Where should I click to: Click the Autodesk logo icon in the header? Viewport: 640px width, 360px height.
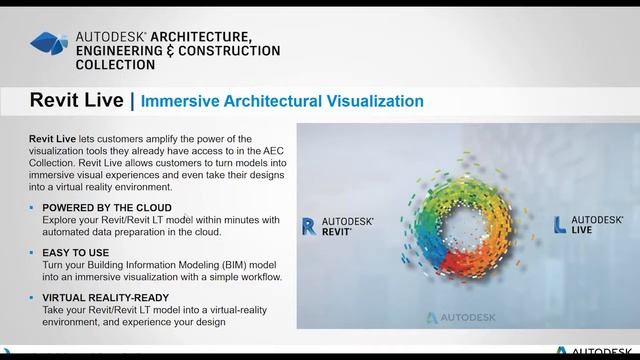coord(49,43)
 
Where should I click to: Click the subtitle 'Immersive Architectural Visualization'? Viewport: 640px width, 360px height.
coord(282,101)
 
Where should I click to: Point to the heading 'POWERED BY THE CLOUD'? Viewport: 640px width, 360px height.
coord(107,207)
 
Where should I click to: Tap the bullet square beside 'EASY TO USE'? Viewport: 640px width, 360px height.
coord(32,253)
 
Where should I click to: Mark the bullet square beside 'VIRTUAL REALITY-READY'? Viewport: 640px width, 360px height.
coord(32,298)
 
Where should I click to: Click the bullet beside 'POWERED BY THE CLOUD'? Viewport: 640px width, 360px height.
coord(32,207)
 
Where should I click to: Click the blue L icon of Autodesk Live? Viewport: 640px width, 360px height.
coord(560,224)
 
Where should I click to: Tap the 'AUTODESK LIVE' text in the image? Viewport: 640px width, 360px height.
coord(597,224)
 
